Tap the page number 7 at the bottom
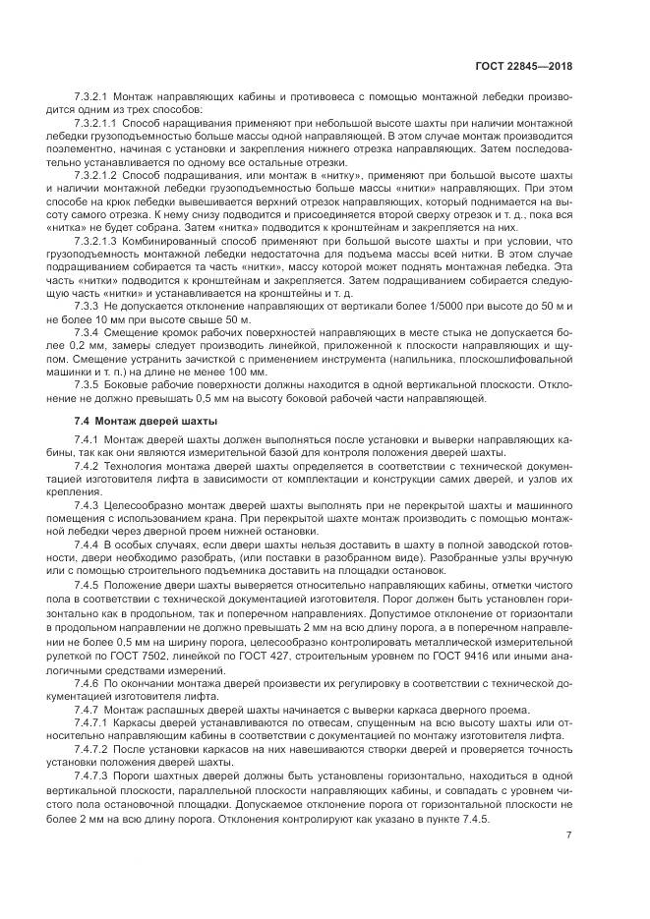(569, 835)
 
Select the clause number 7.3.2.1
(91, 98)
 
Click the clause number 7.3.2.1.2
(96, 173)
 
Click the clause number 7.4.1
(88, 439)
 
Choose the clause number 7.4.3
(88, 503)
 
